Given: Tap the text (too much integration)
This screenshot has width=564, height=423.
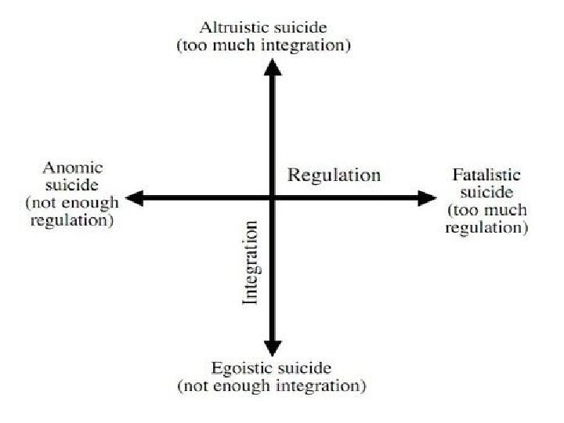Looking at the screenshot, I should (263, 45).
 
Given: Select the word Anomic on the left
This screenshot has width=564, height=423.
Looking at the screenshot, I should (73, 168).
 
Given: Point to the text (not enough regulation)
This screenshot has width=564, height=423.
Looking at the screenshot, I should (72, 211).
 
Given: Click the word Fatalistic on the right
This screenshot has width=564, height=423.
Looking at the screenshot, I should (486, 175).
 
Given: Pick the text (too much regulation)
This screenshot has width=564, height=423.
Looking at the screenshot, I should (486, 219).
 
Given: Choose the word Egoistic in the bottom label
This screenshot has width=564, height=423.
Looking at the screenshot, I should (240, 368).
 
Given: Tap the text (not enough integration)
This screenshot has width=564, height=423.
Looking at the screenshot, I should (271, 385).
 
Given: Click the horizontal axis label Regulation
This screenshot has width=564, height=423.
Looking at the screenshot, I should (334, 174).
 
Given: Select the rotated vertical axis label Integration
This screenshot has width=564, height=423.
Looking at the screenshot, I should (250, 262).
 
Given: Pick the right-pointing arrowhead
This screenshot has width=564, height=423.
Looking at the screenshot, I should (428, 198).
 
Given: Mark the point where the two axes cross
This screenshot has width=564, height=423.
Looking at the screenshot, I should (272, 198).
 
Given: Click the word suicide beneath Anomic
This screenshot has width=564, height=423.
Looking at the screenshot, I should (72, 186).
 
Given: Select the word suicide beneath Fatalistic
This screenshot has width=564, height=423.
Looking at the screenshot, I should (486, 193).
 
